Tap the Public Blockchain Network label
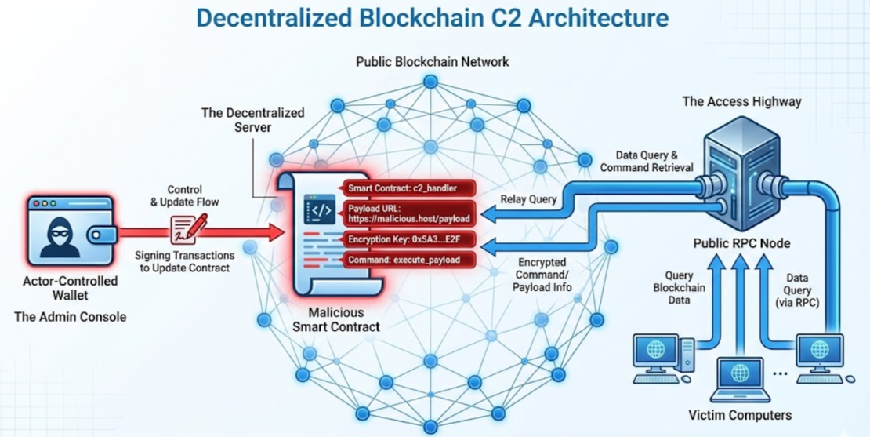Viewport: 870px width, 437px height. click(433, 61)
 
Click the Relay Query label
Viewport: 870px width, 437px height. click(530, 199)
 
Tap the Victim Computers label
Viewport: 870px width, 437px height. click(739, 415)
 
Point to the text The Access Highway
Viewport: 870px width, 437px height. click(741, 101)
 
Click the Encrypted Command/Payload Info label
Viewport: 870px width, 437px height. click(542, 275)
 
